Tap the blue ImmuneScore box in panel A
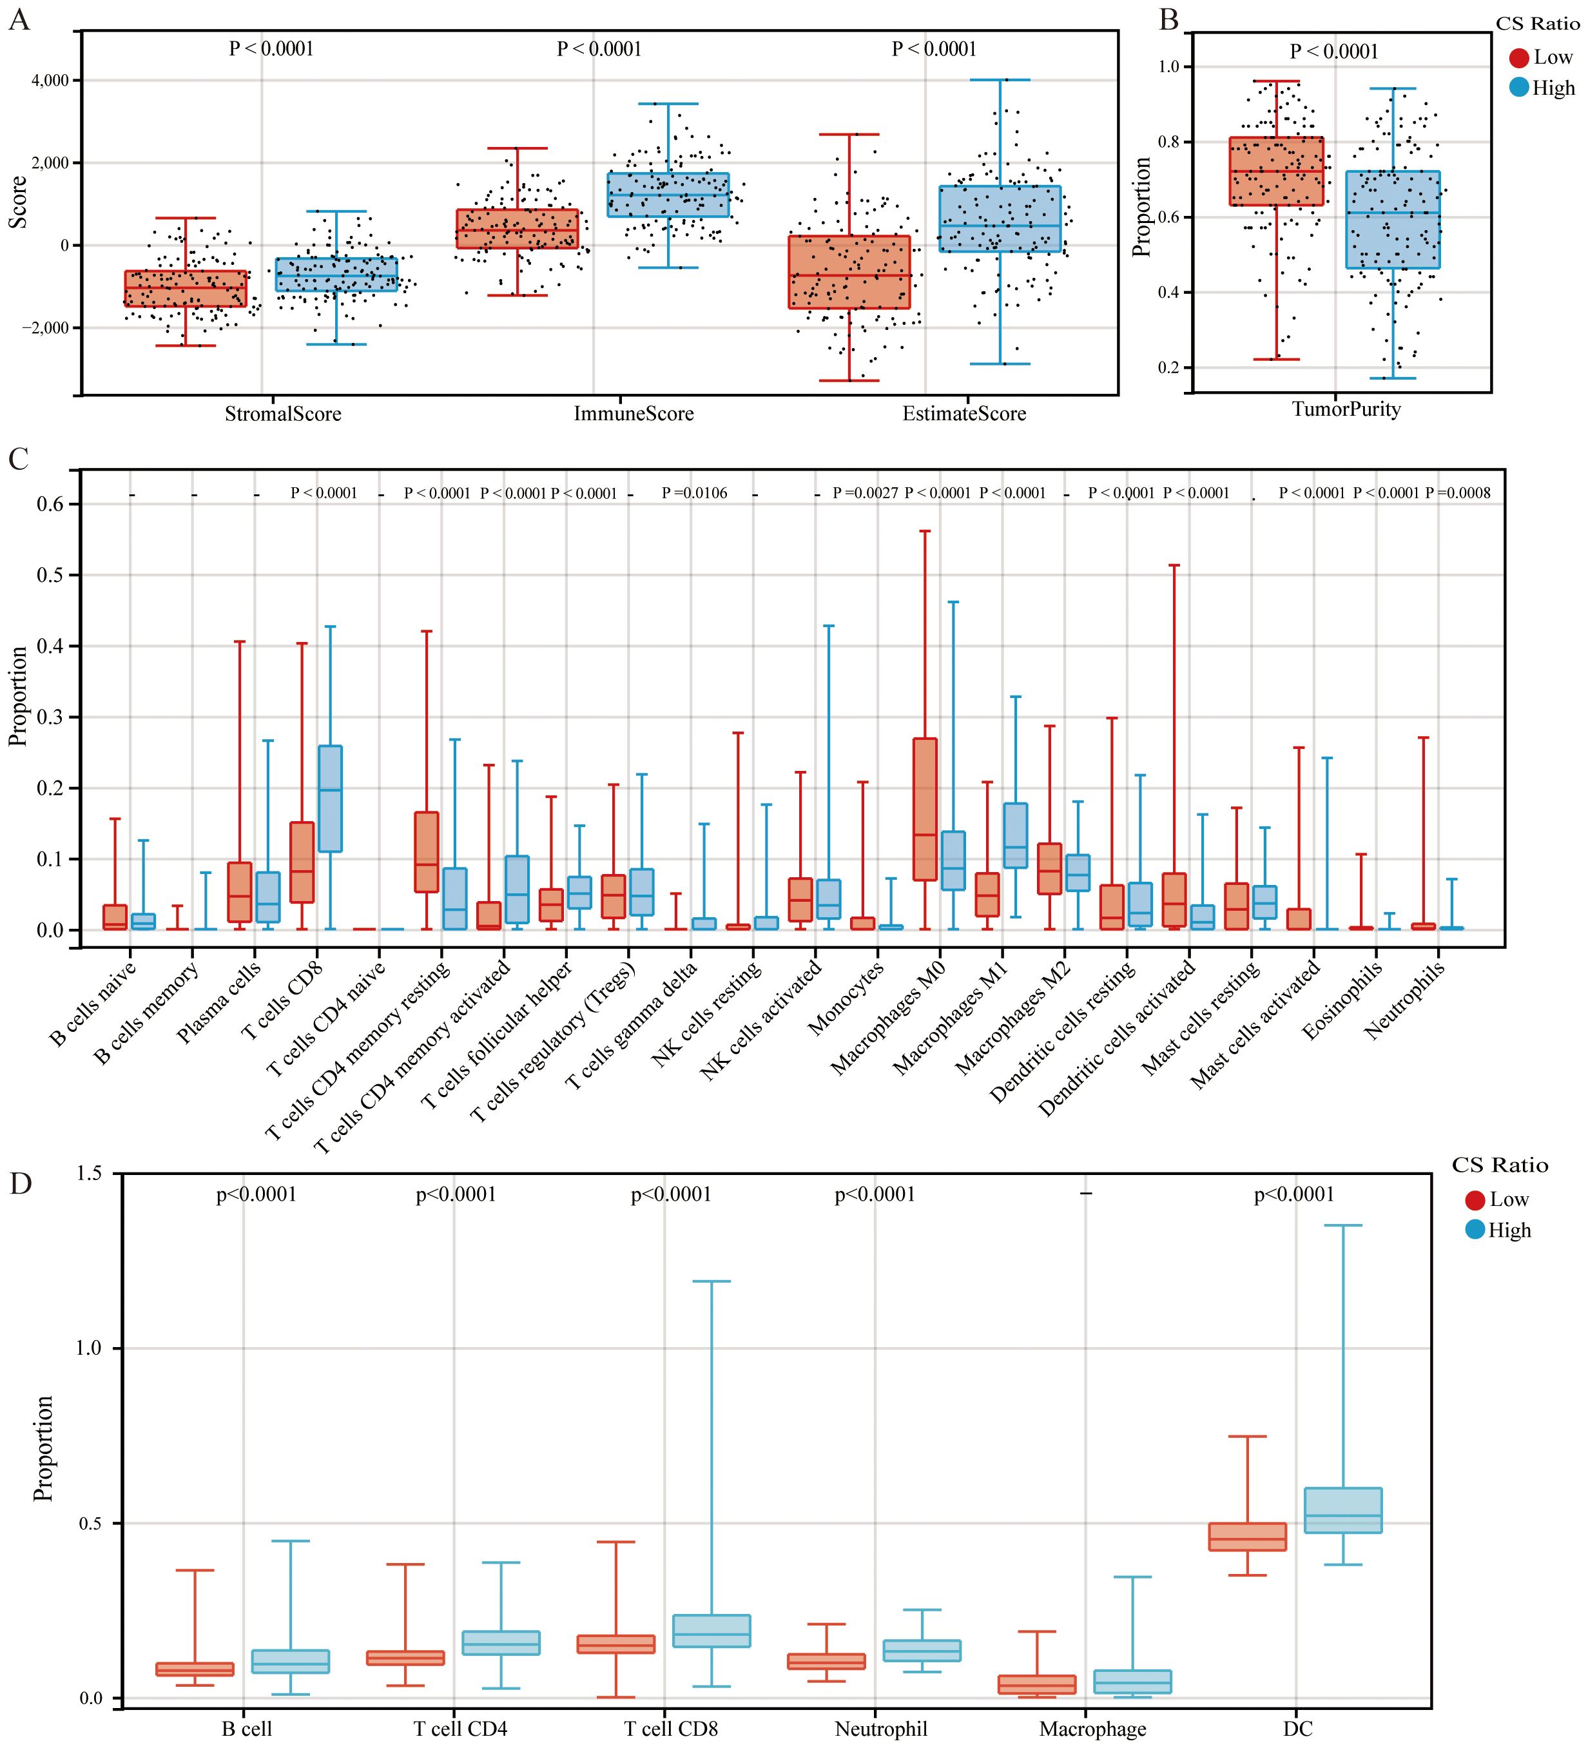pos(668,195)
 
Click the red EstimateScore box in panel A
pos(849,272)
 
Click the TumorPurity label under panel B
pos(1346,409)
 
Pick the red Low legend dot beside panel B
pos(1518,58)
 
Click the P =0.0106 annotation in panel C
pos(694,493)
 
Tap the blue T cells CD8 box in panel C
pos(330,798)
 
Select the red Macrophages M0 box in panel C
pos(925,809)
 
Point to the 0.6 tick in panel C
pos(50,505)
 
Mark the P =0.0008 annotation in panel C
pos(1458,493)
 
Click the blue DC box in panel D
pos(1342,1510)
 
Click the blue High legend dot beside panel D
pos(1475,1230)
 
